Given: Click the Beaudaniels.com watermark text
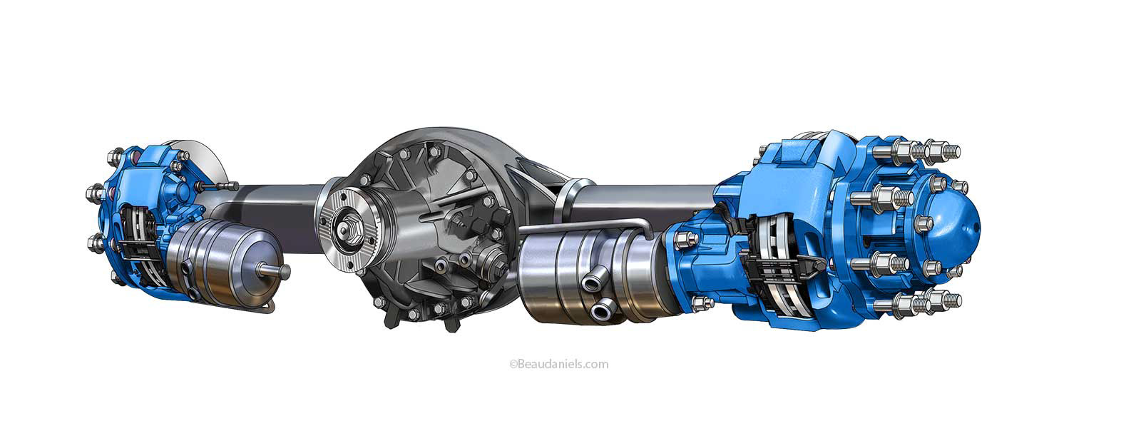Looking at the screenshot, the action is click(x=559, y=364).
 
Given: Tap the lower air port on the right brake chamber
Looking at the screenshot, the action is click(x=603, y=310).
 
